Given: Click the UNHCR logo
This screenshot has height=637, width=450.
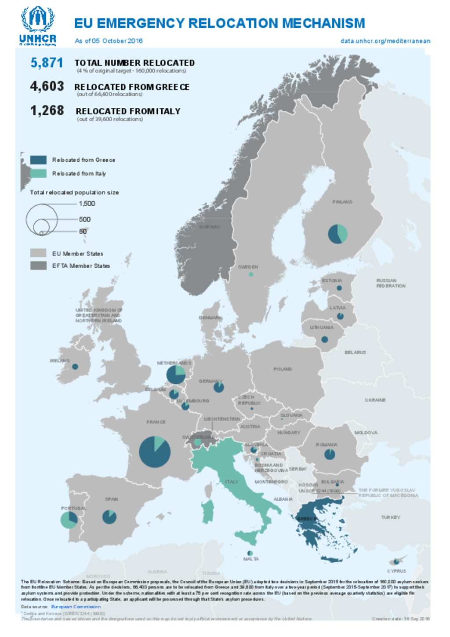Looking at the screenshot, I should (x=38, y=25).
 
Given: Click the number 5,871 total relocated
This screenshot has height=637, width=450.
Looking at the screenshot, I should (x=47, y=63).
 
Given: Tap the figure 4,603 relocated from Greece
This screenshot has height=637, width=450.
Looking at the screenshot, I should (x=47, y=86).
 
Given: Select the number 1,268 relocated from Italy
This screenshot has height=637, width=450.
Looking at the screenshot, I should (x=47, y=110).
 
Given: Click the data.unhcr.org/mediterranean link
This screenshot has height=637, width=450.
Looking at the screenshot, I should (x=385, y=41).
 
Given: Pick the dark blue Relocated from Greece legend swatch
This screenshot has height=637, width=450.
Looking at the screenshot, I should (x=38, y=160).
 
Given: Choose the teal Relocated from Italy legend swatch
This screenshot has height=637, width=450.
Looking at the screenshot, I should (x=38, y=173).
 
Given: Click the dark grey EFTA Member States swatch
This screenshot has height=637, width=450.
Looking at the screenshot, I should (x=38, y=266).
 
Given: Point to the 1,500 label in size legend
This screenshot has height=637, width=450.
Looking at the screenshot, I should (x=87, y=204).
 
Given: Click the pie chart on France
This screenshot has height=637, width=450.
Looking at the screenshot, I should (x=155, y=451).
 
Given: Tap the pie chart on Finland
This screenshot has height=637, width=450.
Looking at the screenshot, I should (x=337, y=233).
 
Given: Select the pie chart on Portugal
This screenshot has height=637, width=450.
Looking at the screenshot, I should (x=69, y=520).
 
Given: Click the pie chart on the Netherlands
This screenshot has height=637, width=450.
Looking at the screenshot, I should (x=176, y=375).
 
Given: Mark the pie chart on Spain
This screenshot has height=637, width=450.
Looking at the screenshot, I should (x=109, y=517).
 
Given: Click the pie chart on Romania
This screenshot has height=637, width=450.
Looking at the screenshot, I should (x=330, y=454).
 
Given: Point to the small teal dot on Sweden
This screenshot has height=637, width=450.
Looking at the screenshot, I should (x=250, y=274).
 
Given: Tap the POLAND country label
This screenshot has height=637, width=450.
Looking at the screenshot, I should (x=283, y=369).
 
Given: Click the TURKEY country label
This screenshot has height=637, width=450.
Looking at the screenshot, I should (x=390, y=517).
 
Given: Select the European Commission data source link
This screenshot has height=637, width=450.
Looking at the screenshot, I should (x=76, y=607).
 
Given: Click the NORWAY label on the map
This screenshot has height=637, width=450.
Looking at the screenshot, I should (x=210, y=227).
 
